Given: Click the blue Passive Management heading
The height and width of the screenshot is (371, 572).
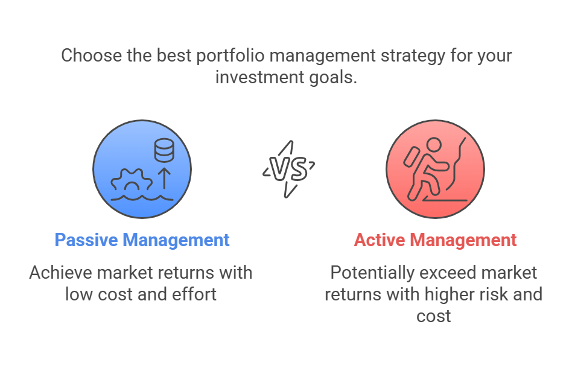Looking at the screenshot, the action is pos(142,241).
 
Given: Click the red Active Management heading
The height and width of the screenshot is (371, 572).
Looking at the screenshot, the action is pos(435,241).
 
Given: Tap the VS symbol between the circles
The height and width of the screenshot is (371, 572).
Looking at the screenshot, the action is pos(288,170).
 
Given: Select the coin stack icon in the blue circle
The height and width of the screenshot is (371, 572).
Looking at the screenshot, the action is pos(164,150).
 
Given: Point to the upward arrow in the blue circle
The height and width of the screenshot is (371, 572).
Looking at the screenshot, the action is pos(165,179).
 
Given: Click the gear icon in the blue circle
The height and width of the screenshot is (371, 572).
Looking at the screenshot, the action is pos(132,180).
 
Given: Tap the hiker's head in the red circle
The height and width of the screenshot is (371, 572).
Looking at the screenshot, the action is pos(434,145).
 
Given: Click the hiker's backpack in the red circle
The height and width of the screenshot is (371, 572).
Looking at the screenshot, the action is pos(412,156).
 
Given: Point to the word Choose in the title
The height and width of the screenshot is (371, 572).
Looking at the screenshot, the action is pos(92,56).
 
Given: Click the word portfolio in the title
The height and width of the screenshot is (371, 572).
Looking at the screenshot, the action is pos(230,56).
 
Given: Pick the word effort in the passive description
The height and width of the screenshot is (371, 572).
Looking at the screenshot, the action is pos(194,294).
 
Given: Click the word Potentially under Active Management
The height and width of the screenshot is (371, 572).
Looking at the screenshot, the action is pos(372,273).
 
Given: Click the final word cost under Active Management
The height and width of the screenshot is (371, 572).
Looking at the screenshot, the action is pos(434,316).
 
